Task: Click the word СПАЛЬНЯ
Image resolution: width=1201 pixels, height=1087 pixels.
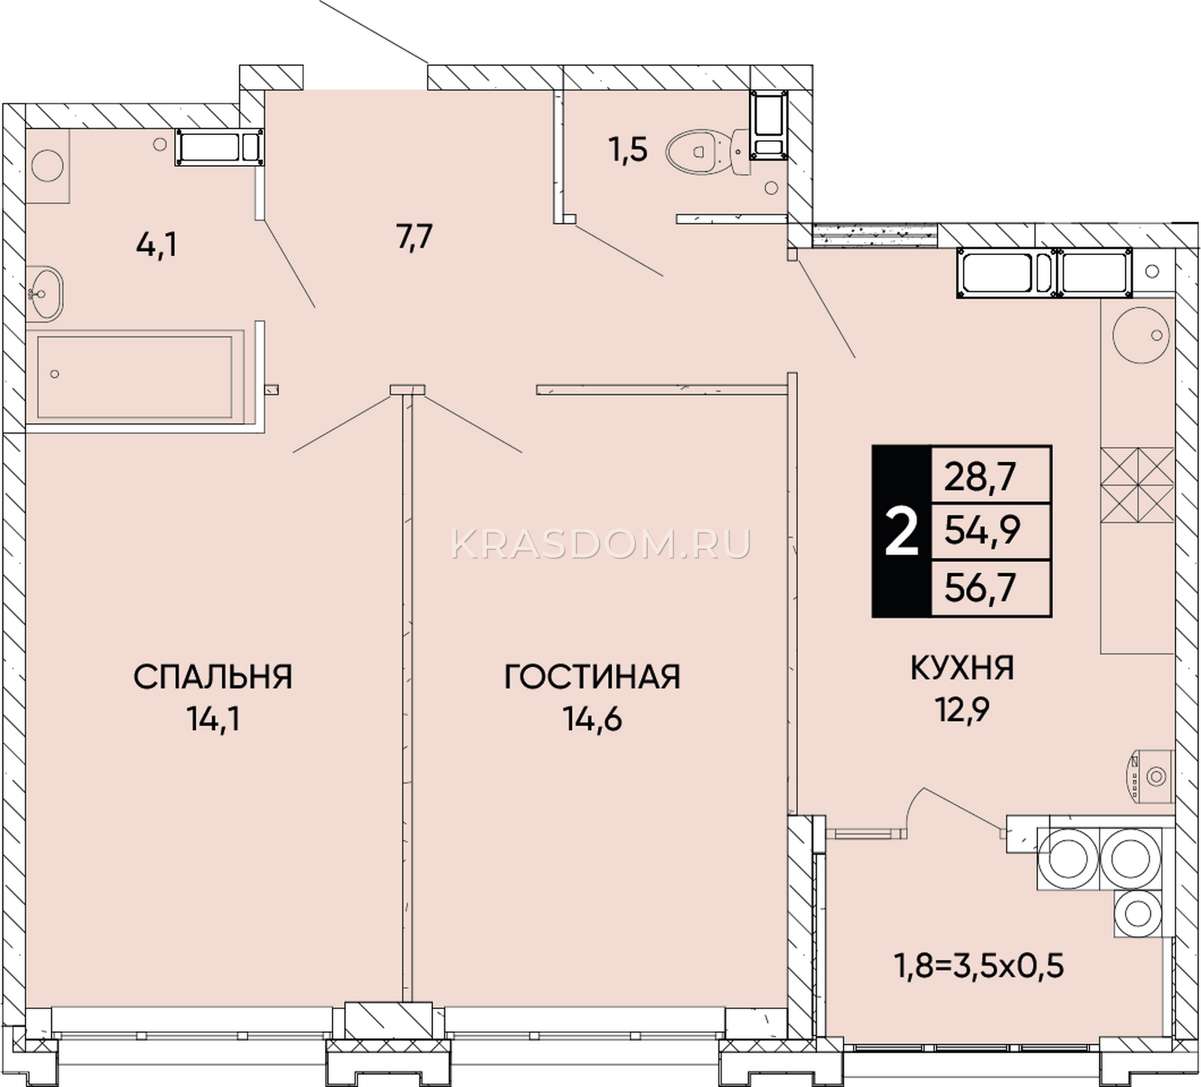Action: [x=212, y=677]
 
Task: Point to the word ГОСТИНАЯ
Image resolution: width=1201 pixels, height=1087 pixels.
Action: [x=592, y=677]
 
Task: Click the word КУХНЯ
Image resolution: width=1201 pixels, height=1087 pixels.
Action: [x=962, y=667]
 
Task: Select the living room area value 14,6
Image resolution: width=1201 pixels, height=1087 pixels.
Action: [x=593, y=719]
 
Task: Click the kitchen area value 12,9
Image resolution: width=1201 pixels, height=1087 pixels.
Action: [x=962, y=709]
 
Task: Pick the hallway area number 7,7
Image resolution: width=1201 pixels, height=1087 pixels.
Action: [x=414, y=238]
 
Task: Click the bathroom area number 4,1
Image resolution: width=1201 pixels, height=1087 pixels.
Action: [x=156, y=245]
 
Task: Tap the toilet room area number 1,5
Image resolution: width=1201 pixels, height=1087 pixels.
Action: [x=628, y=151]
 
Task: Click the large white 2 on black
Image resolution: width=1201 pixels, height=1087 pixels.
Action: [x=902, y=531]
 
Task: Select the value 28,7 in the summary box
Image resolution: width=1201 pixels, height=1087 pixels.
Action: [x=980, y=476]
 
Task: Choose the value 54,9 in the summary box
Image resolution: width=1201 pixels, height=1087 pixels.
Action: [x=982, y=531]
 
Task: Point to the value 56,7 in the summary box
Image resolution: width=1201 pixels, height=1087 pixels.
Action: [x=980, y=587]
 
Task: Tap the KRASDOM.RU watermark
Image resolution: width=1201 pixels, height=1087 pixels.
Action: [x=600, y=544]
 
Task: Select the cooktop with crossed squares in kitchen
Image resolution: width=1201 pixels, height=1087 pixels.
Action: [x=1137, y=485]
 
